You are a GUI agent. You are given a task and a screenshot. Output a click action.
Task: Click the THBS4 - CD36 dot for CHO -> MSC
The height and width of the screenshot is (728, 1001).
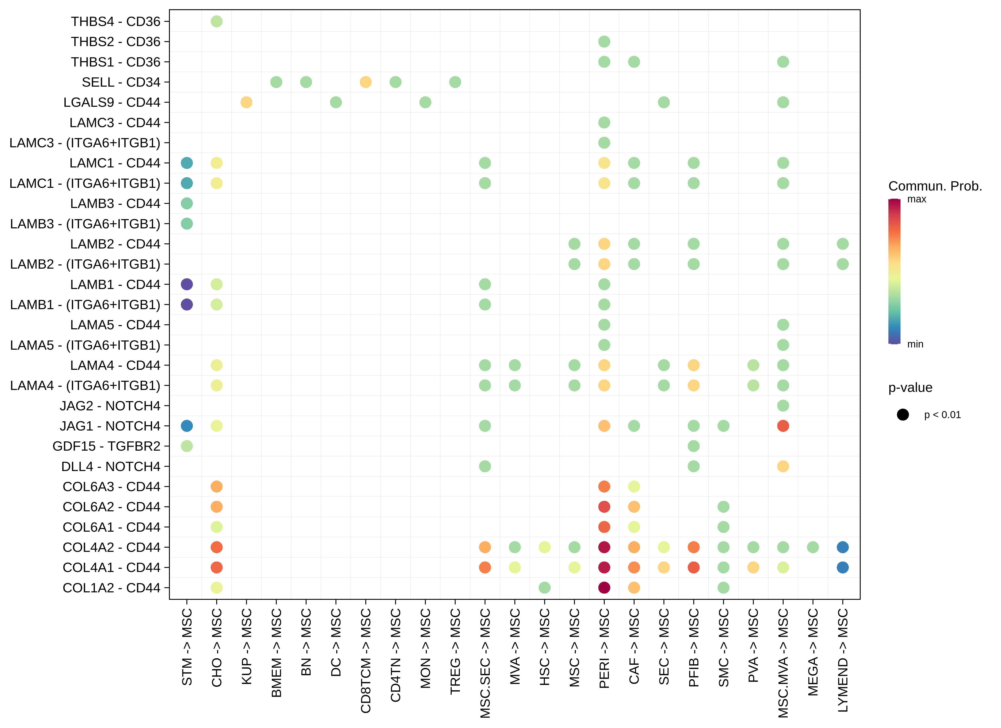pyautogui.click(x=216, y=21)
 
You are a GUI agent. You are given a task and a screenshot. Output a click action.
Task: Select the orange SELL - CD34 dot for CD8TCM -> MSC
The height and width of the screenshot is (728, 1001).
pyautogui.click(x=365, y=82)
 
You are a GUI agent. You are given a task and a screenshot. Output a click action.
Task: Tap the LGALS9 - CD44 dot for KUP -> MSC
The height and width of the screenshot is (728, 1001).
pyautogui.click(x=246, y=102)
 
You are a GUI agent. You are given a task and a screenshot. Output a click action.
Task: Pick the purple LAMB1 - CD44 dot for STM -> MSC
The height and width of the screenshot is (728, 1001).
pyautogui.click(x=187, y=284)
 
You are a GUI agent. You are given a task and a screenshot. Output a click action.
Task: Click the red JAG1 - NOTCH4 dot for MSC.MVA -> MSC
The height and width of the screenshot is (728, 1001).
pyautogui.click(x=783, y=426)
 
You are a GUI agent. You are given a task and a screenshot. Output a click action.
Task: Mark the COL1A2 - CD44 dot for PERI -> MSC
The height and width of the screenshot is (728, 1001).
pyautogui.click(x=604, y=587)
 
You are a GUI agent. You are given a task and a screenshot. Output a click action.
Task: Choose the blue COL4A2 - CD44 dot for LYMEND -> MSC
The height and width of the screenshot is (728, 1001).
pyautogui.click(x=843, y=547)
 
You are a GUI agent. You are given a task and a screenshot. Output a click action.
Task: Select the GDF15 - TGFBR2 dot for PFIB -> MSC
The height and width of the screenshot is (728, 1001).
pyautogui.click(x=693, y=446)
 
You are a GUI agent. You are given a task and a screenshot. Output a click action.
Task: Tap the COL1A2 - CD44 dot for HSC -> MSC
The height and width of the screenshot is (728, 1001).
pyautogui.click(x=545, y=587)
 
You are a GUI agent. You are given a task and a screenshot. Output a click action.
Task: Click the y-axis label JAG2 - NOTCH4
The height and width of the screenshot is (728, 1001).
pyautogui.click(x=110, y=406)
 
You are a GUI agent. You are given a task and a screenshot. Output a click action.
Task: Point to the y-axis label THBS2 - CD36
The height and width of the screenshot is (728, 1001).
pyautogui.click(x=116, y=41)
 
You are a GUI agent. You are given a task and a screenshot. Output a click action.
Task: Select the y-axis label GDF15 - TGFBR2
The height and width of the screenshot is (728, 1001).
pyautogui.click(x=106, y=446)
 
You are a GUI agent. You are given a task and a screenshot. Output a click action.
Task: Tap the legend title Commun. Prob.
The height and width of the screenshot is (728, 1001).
pyautogui.click(x=935, y=186)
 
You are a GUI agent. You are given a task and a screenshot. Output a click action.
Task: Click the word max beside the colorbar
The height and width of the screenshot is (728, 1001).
pyautogui.click(x=917, y=199)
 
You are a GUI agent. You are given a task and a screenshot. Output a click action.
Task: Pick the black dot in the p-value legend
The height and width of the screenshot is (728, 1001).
pyautogui.click(x=902, y=414)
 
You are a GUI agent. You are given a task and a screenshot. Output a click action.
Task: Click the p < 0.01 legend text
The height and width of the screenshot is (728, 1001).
pyautogui.click(x=942, y=415)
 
